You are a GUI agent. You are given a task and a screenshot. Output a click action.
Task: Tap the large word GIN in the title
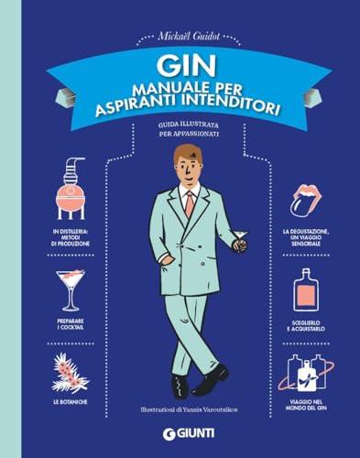click(x=194, y=66)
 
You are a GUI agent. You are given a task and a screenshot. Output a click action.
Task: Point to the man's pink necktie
click(x=189, y=203)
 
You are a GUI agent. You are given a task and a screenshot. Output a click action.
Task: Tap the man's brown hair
click(x=187, y=153)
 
